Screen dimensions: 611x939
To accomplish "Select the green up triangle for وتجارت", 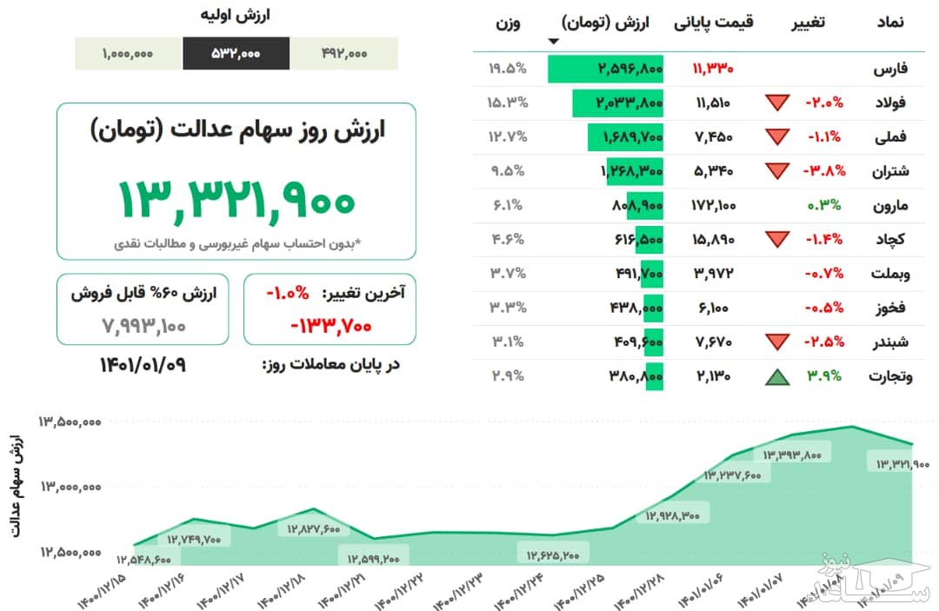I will [x=777, y=376].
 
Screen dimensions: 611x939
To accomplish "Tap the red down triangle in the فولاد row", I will [x=777, y=103].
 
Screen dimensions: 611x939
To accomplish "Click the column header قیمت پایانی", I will [x=714, y=23].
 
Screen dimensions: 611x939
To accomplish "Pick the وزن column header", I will [x=508, y=23].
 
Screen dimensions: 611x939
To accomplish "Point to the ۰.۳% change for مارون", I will [x=829, y=205].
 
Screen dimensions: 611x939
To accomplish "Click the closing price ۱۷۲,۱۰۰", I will [x=714, y=205].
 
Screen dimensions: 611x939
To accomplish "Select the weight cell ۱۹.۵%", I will [x=508, y=68].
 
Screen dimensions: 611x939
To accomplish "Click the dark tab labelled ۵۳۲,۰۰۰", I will [x=236, y=53].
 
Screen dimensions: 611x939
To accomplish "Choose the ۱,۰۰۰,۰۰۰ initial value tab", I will [x=128, y=53].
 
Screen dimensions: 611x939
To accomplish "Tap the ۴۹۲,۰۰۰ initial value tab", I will [x=343, y=53].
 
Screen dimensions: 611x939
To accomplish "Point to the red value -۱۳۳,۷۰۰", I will [x=330, y=326].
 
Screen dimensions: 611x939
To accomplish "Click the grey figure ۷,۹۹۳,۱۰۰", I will [x=143, y=326].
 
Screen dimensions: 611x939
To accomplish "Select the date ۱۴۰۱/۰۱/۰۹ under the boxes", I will [x=143, y=364].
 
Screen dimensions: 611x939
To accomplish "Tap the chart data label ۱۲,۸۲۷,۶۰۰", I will [x=313, y=528].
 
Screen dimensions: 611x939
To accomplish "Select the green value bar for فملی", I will [x=626, y=136].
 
